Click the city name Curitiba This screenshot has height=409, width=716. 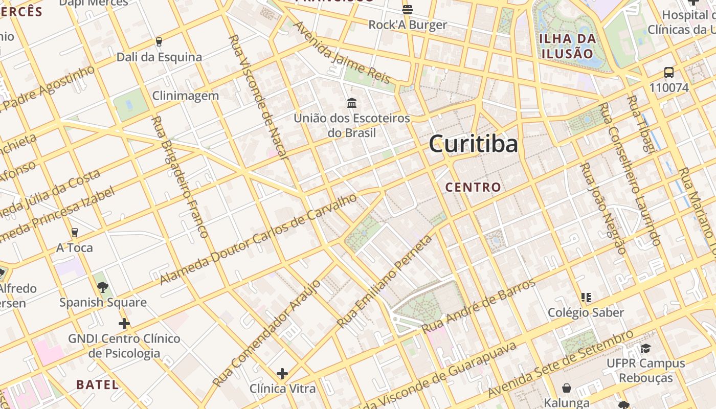(473, 144)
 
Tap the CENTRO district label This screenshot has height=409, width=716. (473, 187)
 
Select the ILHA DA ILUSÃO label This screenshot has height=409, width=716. (568, 46)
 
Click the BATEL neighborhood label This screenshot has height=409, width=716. (97, 384)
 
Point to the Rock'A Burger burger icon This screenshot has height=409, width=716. (408, 9)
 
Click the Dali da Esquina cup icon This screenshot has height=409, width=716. (159, 42)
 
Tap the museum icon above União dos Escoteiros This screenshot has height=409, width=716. (352, 103)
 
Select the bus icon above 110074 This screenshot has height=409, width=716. (669, 73)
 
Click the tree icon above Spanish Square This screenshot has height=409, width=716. (103, 287)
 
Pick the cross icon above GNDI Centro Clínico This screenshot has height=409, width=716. (124, 324)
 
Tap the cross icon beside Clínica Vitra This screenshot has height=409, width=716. (282, 374)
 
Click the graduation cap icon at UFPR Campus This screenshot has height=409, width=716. (645, 349)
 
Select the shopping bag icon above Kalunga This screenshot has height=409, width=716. (567, 388)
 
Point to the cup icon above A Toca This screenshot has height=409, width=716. (75, 233)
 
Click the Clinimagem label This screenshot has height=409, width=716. (186, 96)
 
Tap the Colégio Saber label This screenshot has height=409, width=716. (586, 312)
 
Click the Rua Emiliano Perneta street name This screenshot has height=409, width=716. (385, 282)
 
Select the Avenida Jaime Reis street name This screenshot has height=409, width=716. (341, 52)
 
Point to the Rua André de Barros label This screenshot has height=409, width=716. (479, 306)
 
